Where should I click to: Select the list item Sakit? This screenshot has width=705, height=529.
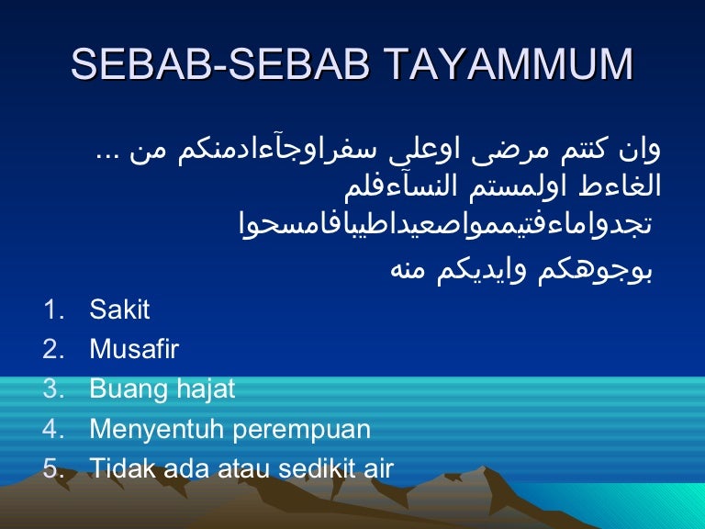(119, 310)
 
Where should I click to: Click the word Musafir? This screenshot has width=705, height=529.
(134, 350)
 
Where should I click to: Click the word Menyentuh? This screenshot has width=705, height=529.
(147, 429)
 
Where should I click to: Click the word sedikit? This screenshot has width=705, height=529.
(310, 469)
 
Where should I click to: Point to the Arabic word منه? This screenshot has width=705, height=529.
(412, 269)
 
